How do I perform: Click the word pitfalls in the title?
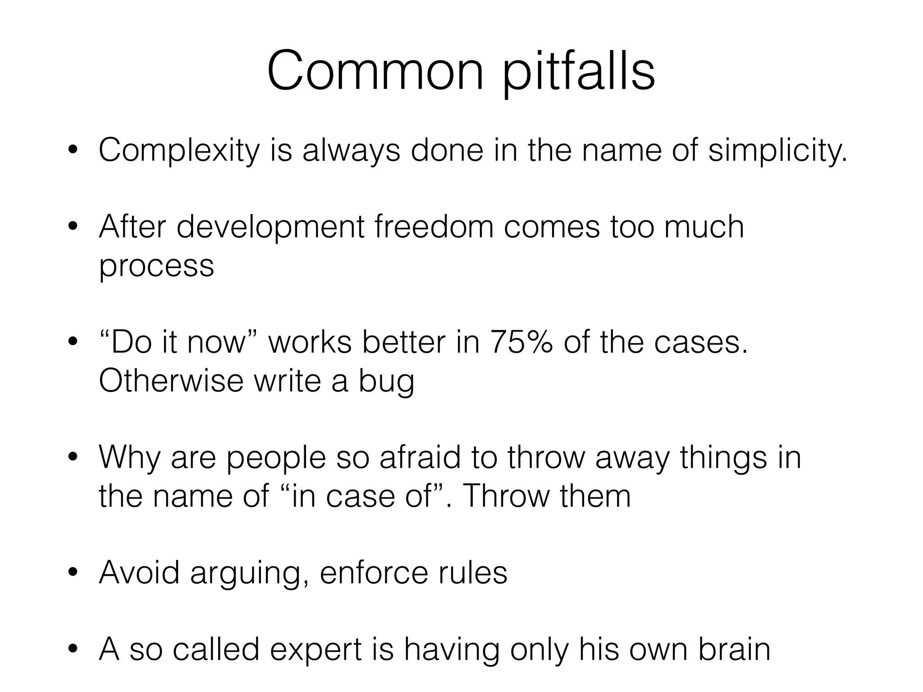click(x=579, y=72)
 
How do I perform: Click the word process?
click(x=156, y=266)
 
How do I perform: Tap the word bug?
click(x=386, y=382)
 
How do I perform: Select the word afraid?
click(x=420, y=457)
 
